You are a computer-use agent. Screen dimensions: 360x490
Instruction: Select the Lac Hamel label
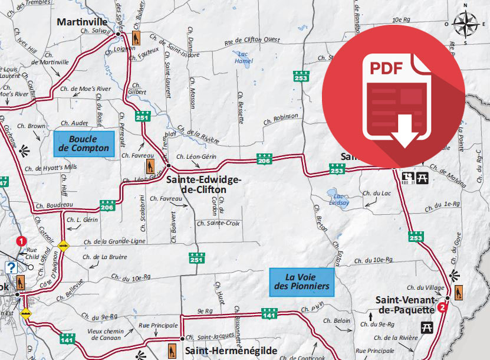coord(244,57)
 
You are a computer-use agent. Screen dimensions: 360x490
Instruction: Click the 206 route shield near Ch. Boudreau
coord(107,207)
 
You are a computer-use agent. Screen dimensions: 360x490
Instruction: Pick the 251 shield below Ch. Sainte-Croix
coord(196,258)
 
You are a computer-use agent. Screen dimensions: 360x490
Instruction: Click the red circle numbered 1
coord(21,241)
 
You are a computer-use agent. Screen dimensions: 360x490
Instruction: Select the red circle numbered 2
coord(443,307)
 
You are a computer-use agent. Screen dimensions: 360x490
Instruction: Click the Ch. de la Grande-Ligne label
coord(114,242)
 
